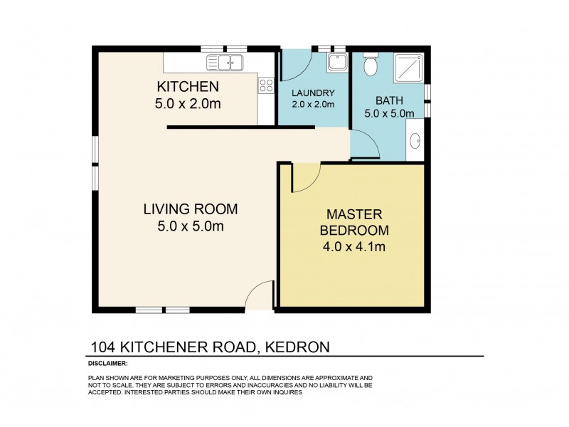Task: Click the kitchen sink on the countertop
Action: point(225,63)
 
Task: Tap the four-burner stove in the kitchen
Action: point(266,85)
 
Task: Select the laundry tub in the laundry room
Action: point(336,63)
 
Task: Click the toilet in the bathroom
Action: point(370,65)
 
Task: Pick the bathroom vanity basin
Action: point(416,139)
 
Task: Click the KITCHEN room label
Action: point(187,88)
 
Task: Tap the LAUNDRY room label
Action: point(313,93)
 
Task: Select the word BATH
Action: point(389,100)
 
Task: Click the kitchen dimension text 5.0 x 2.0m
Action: point(187,105)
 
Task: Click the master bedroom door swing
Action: point(304,177)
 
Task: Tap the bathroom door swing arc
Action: point(364,144)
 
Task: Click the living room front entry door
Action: point(260,295)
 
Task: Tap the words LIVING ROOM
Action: point(190,209)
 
